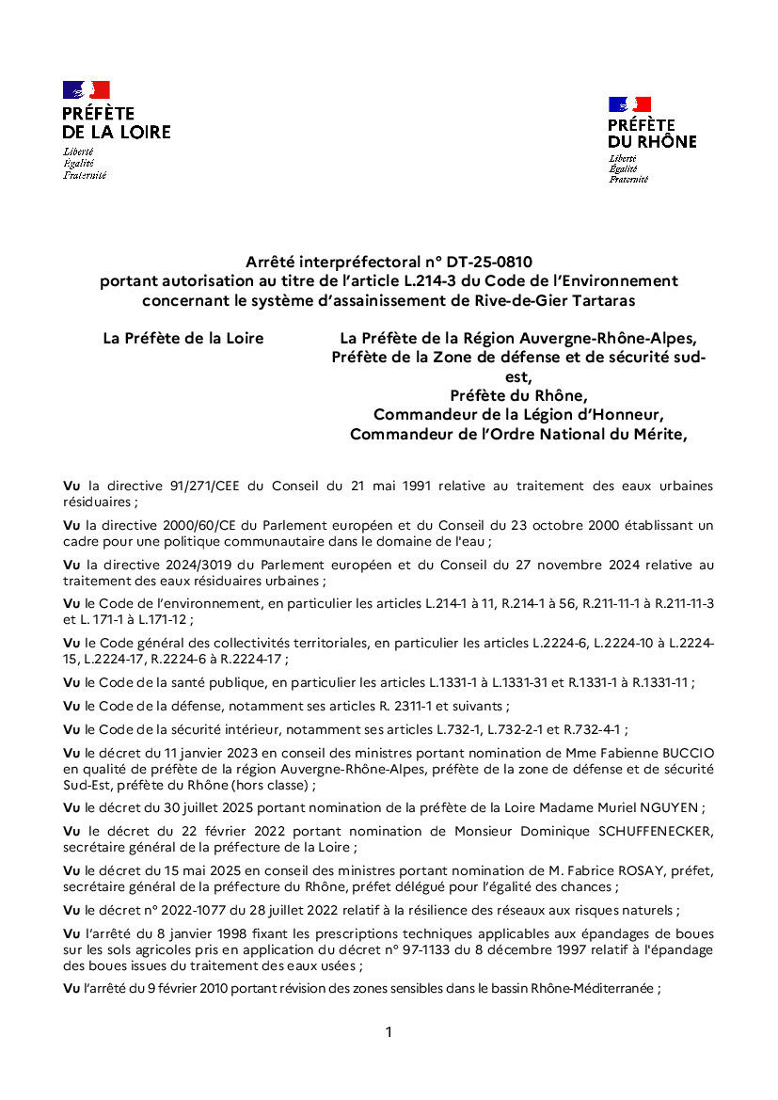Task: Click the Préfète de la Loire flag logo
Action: click(x=87, y=90)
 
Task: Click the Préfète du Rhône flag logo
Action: click(x=629, y=104)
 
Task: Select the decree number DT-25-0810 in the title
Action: click(x=490, y=261)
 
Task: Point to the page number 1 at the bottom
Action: click(x=389, y=1032)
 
